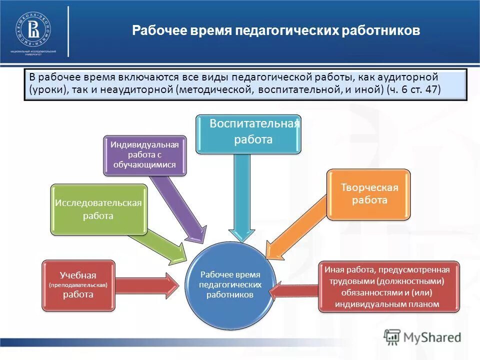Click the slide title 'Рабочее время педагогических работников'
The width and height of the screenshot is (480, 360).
pyautogui.click(x=276, y=31)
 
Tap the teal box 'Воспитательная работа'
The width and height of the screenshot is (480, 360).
pyautogui.click(x=248, y=133)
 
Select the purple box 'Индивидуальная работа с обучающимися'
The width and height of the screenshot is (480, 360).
pyautogui.click(x=144, y=155)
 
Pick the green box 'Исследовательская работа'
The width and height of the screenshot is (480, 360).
pyautogui.click(x=98, y=209)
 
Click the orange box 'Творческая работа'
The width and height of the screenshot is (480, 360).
pyautogui.click(x=369, y=194)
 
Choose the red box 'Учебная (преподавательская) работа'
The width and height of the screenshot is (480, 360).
pyautogui.click(x=78, y=285)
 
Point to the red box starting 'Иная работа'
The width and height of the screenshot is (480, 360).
pyautogui.click(x=387, y=286)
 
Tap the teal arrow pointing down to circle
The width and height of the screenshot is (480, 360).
pyautogui.click(x=241, y=200)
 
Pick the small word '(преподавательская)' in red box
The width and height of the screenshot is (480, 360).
pyautogui.click(x=78, y=285)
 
